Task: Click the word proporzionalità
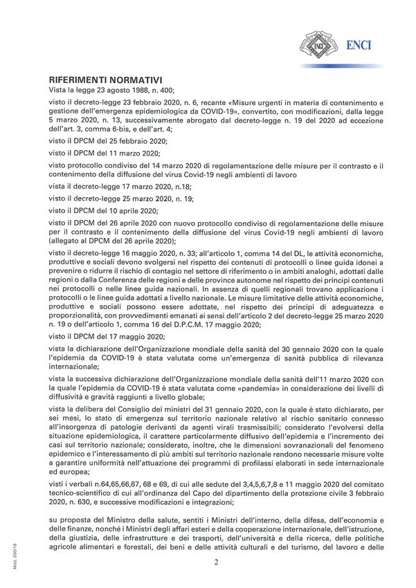[x=82, y=315]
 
